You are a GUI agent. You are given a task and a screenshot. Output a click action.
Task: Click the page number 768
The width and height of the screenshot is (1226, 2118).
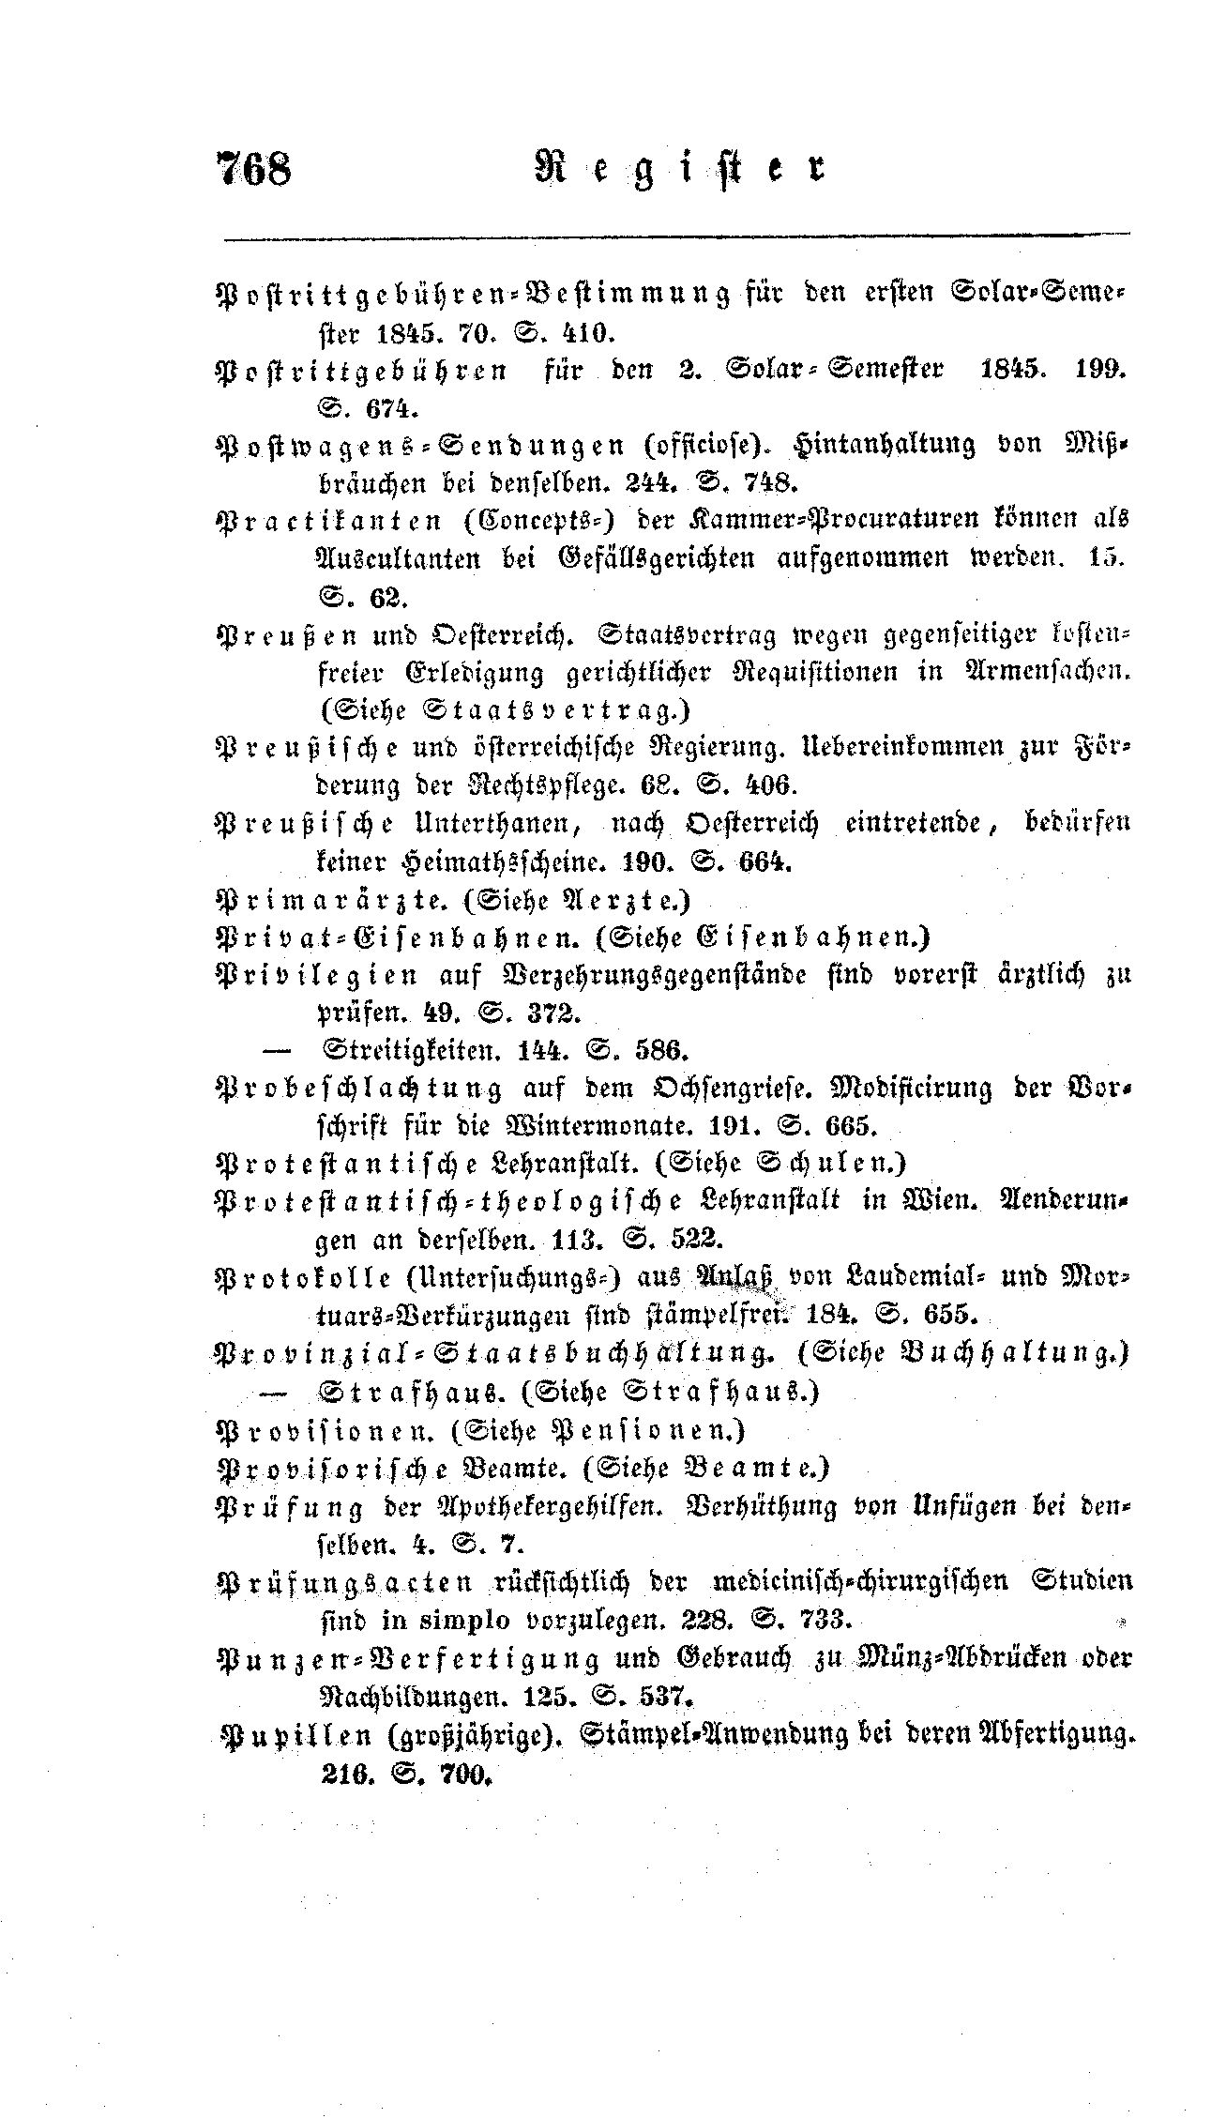pyautogui.click(x=255, y=169)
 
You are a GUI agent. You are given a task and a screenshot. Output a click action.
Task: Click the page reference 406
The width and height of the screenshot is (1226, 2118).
pyautogui.click(x=770, y=784)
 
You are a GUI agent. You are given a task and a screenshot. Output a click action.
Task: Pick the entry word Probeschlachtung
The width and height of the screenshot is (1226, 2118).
pyautogui.click(x=357, y=1087)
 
